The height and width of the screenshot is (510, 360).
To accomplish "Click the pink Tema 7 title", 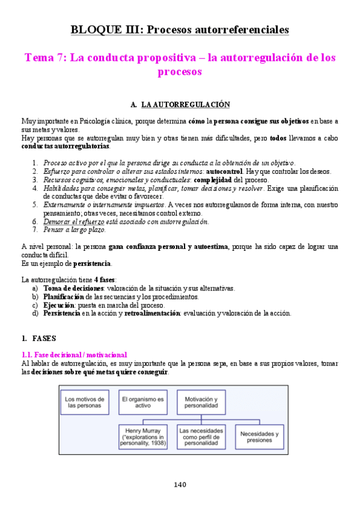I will [180, 65].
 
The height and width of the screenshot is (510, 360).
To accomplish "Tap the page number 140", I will [180, 485].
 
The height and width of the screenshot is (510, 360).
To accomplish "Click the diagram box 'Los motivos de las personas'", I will [85, 402].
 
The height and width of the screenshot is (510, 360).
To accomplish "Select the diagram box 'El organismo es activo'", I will [143, 402].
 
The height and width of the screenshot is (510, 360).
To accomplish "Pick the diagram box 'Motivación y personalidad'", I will [201, 402].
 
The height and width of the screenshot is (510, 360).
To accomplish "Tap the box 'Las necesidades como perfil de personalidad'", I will [201, 438].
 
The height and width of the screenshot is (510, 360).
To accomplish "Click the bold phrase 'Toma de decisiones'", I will [70, 289].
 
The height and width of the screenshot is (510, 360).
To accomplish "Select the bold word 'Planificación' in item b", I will [63, 297].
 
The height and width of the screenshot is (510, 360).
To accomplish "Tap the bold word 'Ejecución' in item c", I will [59, 305].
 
